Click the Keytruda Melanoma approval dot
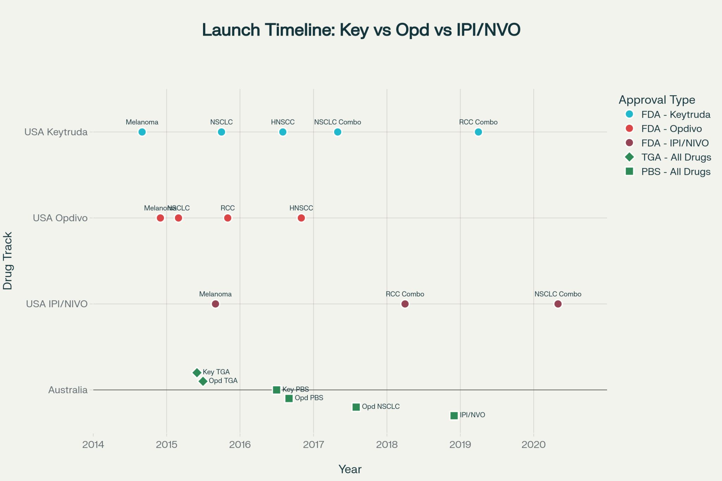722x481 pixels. pos(142,132)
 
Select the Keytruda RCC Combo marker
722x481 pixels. pos(478,132)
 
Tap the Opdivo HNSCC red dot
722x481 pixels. pos(301,218)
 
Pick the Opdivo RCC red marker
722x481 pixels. pos(228,218)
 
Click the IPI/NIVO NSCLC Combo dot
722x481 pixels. pos(558,304)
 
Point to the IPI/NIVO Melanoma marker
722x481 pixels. pos(215,304)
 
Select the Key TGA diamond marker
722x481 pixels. pos(197,372)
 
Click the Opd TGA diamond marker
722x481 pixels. pos(203,381)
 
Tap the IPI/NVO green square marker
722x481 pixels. pos(454,416)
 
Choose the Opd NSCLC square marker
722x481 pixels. pos(356,407)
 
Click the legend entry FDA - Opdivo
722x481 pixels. pos(671,129)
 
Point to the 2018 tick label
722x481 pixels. pos(387,445)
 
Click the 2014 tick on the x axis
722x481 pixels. pos(93,445)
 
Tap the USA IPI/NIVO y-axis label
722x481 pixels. pos(57,304)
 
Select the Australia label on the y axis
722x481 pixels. pos(68,390)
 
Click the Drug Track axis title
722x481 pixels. pos(8,261)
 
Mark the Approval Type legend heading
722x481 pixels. pos(657,100)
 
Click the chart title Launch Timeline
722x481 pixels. pos(361,30)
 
